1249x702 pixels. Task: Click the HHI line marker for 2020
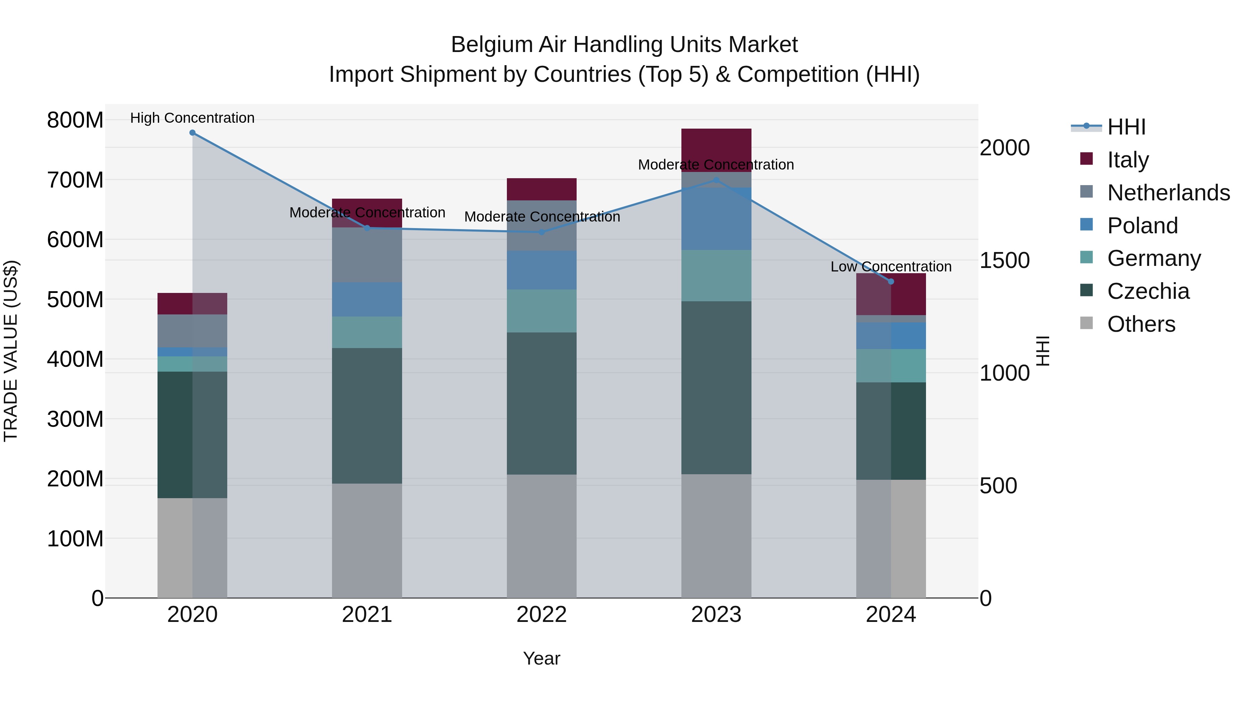193,133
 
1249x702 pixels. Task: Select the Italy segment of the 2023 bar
716,145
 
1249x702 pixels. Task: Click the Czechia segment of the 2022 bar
542,403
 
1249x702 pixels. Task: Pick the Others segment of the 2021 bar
367,540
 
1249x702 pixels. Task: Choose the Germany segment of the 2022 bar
542,311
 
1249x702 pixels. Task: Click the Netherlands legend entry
1169,193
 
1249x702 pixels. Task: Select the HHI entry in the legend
1126,127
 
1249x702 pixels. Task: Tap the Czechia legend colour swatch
1087,291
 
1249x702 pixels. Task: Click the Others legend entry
1141,324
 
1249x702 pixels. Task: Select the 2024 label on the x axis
891,615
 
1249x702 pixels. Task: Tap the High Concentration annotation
193,118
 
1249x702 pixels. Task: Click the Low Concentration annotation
891,267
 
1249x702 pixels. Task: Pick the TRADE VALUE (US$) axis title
11,351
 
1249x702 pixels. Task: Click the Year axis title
542,658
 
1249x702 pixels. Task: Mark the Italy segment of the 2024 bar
891,294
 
